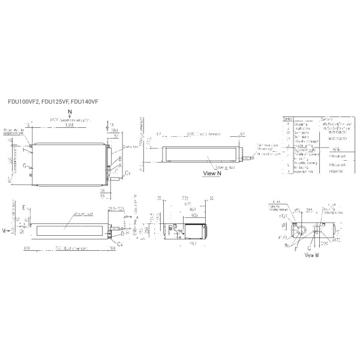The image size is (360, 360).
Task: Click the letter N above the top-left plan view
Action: (x=70, y=112)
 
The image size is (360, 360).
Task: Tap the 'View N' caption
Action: (x=212, y=173)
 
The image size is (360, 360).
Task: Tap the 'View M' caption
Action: (x=311, y=255)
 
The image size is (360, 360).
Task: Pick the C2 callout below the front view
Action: (x=120, y=244)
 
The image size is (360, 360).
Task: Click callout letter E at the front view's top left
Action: (x=24, y=207)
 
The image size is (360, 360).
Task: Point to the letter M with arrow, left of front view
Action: (x=4, y=230)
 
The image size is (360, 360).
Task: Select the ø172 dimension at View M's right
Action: (x=337, y=239)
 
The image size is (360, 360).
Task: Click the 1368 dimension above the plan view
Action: (x=71, y=126)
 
